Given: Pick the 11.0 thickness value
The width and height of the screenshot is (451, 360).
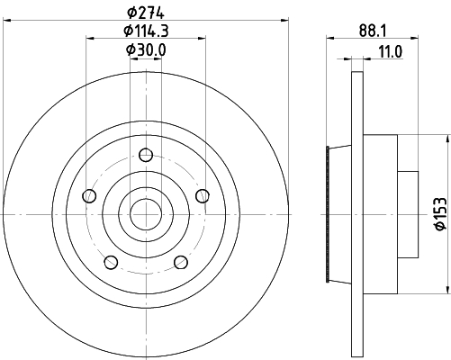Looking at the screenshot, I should coord(389,53).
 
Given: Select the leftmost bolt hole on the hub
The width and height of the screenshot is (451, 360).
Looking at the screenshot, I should coord(87,195).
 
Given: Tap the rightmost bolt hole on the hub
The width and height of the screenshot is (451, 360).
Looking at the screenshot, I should coord(202,195).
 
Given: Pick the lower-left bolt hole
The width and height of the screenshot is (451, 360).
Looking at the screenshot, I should coord(111,262).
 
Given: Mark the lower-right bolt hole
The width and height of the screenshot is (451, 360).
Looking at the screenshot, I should coord(180,262).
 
